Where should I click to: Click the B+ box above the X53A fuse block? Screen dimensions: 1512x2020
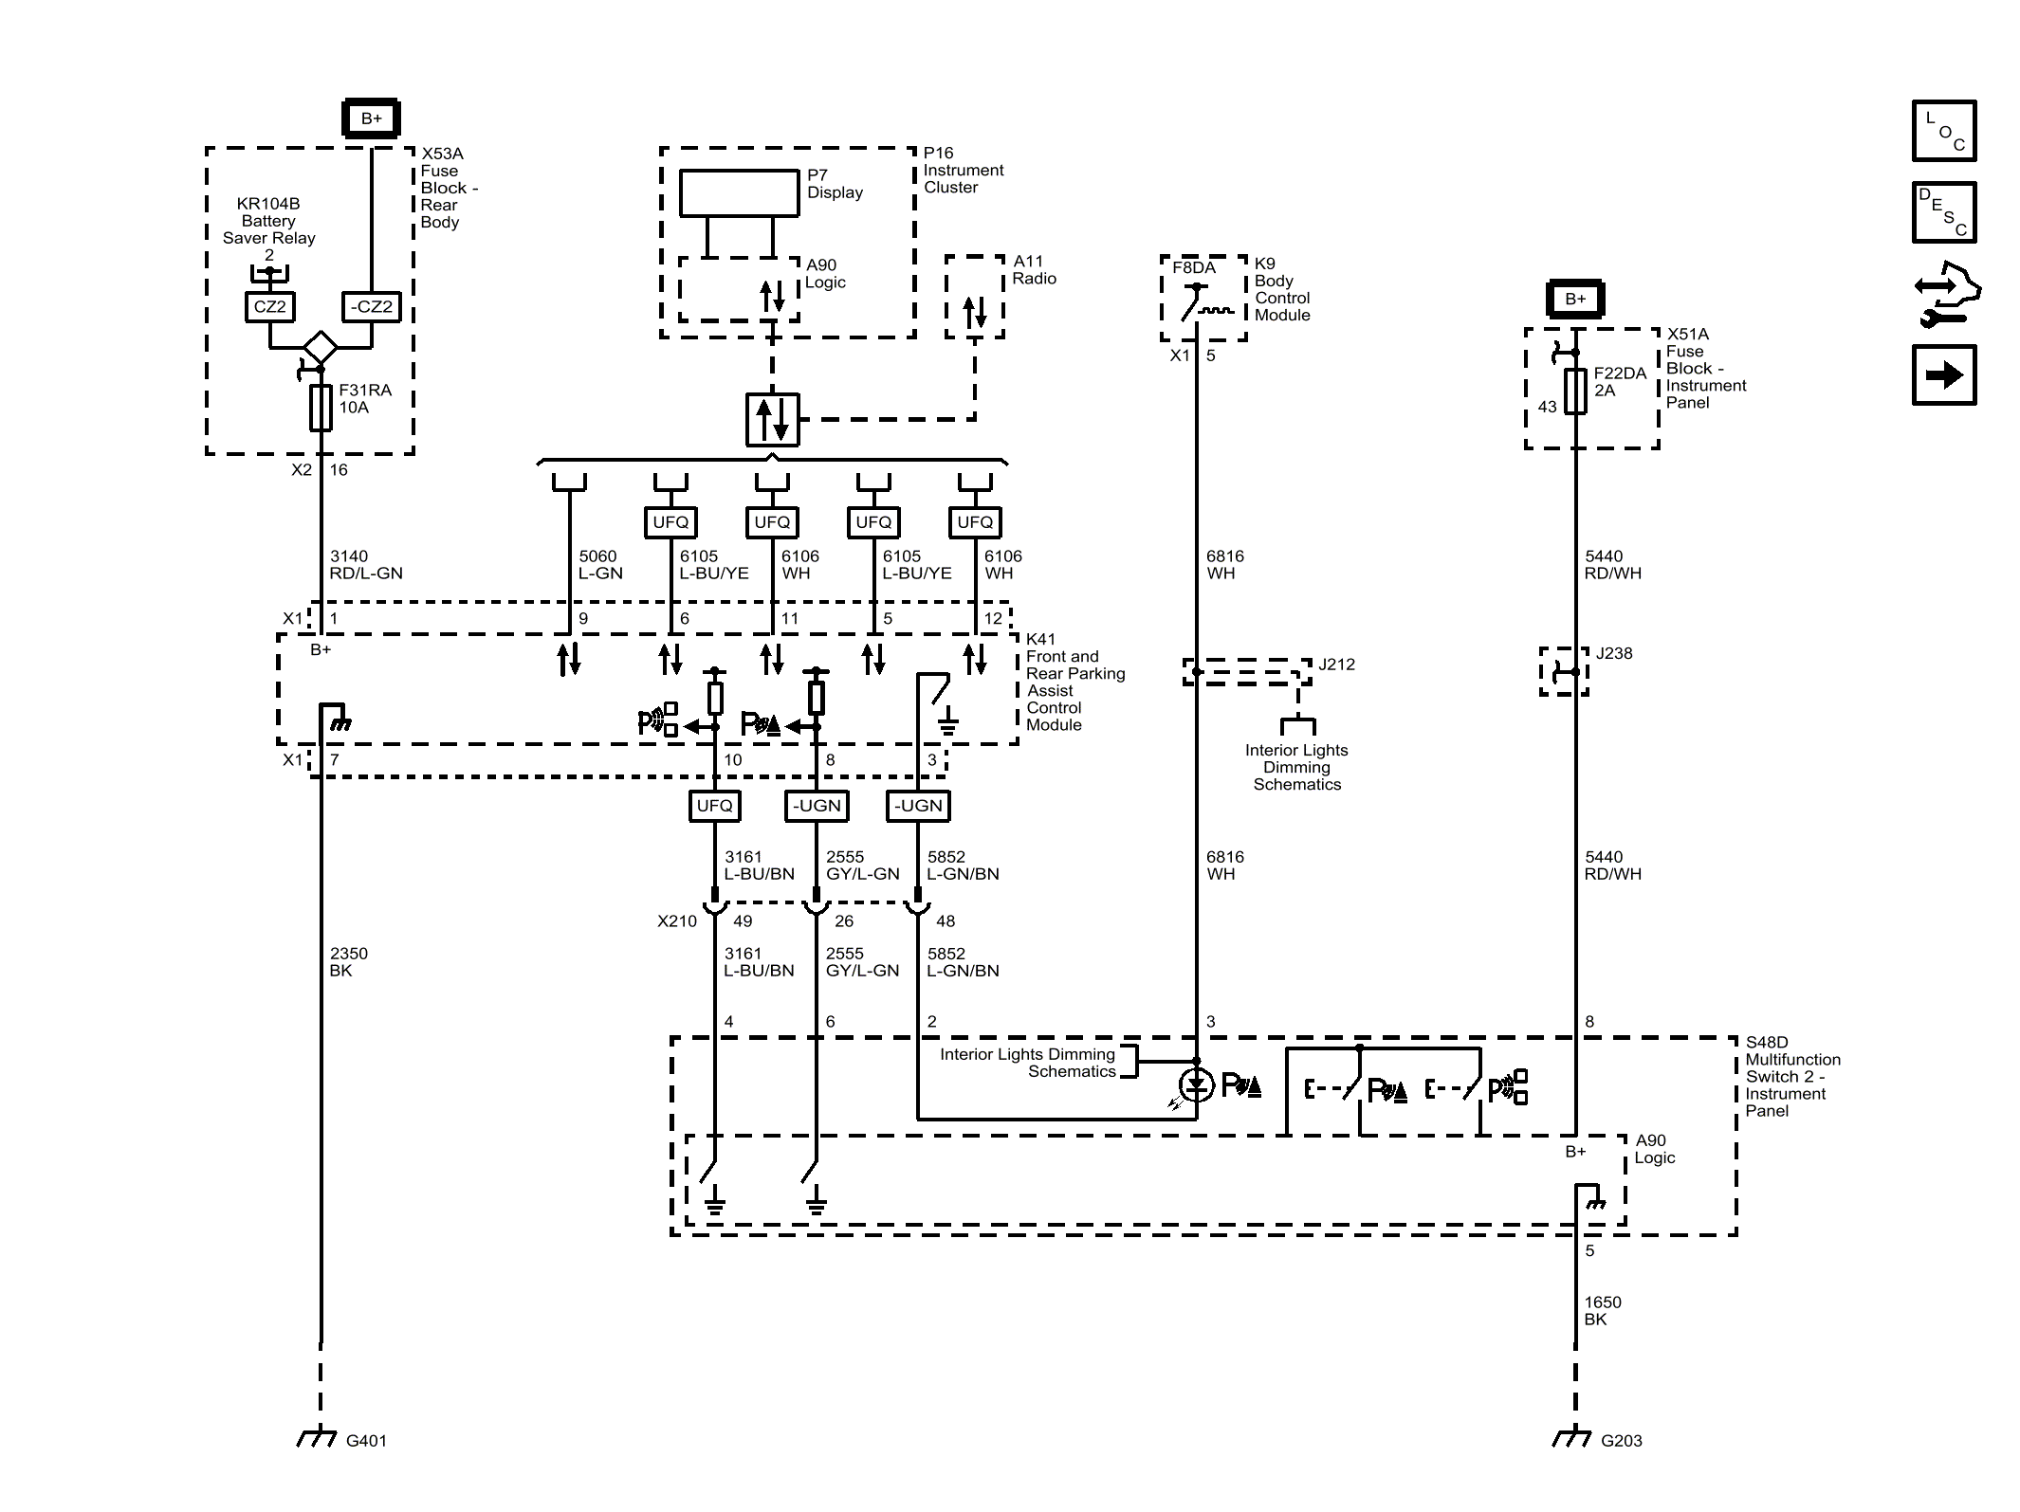coord(371,118)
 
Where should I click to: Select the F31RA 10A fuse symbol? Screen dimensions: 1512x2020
coord(321,408)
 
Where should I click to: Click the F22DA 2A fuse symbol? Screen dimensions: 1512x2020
coord(1574,390)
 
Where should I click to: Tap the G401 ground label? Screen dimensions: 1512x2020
coord(366,1441)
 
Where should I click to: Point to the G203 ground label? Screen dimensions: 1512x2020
coord(1621,1441)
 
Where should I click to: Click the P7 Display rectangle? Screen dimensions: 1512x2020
coord(739,193)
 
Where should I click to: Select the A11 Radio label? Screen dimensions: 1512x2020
coord(1034,269)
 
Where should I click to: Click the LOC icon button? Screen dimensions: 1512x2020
coord(1943,131)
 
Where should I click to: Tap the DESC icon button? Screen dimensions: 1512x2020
coord(1943,212)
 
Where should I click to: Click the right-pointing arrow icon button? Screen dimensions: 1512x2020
coord(1943,375)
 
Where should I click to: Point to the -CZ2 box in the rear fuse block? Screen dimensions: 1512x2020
coord(371,306)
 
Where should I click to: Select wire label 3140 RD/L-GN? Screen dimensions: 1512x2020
coord(366,565)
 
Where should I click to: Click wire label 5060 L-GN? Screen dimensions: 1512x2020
coord(600,565)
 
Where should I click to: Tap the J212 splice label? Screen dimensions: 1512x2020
coord(1336,665)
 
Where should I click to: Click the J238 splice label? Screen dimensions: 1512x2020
coord(1614,653)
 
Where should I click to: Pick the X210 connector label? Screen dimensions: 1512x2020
coord(676,921)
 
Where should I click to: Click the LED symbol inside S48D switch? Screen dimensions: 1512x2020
coord(1196,1084)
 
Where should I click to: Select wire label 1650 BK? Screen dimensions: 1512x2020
coord(1602,1311)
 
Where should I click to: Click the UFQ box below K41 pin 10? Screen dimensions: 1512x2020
coord(714,806)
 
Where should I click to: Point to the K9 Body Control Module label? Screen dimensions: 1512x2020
coord(1282,289)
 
